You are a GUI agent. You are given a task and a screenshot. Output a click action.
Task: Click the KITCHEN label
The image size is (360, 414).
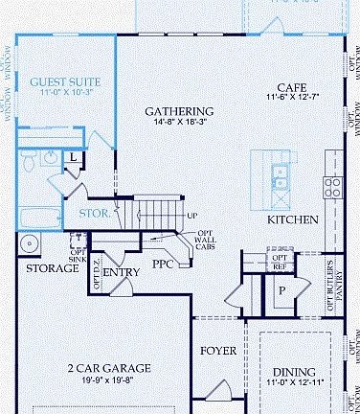292,219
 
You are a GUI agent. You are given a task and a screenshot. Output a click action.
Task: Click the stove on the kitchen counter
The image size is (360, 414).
332,184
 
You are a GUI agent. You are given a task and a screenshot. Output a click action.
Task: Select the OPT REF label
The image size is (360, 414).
281,262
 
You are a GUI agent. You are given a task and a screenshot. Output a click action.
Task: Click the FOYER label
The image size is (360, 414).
217,351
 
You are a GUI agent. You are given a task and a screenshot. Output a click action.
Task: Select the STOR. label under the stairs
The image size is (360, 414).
94,213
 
